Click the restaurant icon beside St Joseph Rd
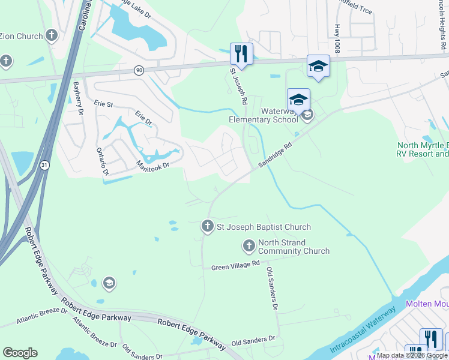pyautogui.click(x=241, y=53)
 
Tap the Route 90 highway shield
pyautogui.click(x=139, y=71)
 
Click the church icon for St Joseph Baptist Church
pyautogui.click(x=207, y=227)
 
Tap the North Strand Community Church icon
pyautogui.click(x=249, y=245)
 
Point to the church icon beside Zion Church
pyautogui.click(x=52, y=35)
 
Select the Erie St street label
pyautogui.click(x=103, y=104)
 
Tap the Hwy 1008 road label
pyautogui.click(x=337, y=39)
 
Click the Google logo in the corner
pyautogui.click(x=20, y=353)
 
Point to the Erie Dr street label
pyautogui.click(x=143, y=118)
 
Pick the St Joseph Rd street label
pyautogui.click(x=237, y=87)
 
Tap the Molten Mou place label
pyautogui.click(x=427, y=304)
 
